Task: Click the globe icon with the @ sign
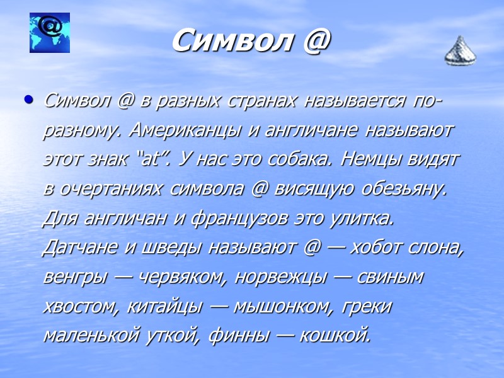(x=50, y=33)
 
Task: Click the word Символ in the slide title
(x=224, y=42)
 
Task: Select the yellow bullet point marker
(x=27, y=100)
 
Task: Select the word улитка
(x=358, y=218)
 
